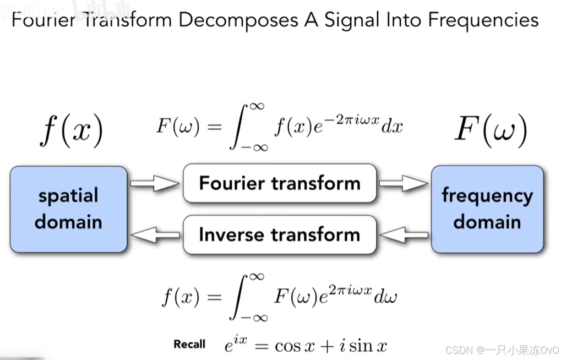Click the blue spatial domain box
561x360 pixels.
pyautogui.click(x=68, y=209)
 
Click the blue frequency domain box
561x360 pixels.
pyautogui.click(x=487, y=209)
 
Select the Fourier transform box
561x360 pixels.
pyautogui.click(x=280, y=183)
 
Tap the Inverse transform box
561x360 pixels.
pyautogui.click(x=280, y=234)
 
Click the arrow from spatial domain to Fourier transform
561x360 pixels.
pyautogui.click(x=155, y=183)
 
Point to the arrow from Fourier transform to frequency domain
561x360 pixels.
pyautogui.click(x=404, y=183)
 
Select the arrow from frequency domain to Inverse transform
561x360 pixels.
pyautogui.click(x=404, y=235)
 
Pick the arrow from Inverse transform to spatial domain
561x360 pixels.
pyautogui.click(x=155, y=235)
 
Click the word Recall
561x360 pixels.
pyautogui.click(x=189, y=345)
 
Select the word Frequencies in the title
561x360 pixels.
pyautogui.click(x=483, y=20)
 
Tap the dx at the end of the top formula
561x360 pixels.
pyautogui.click(x=392, y=127)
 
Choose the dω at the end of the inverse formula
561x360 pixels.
pyautogui.click(x=385, y=297)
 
